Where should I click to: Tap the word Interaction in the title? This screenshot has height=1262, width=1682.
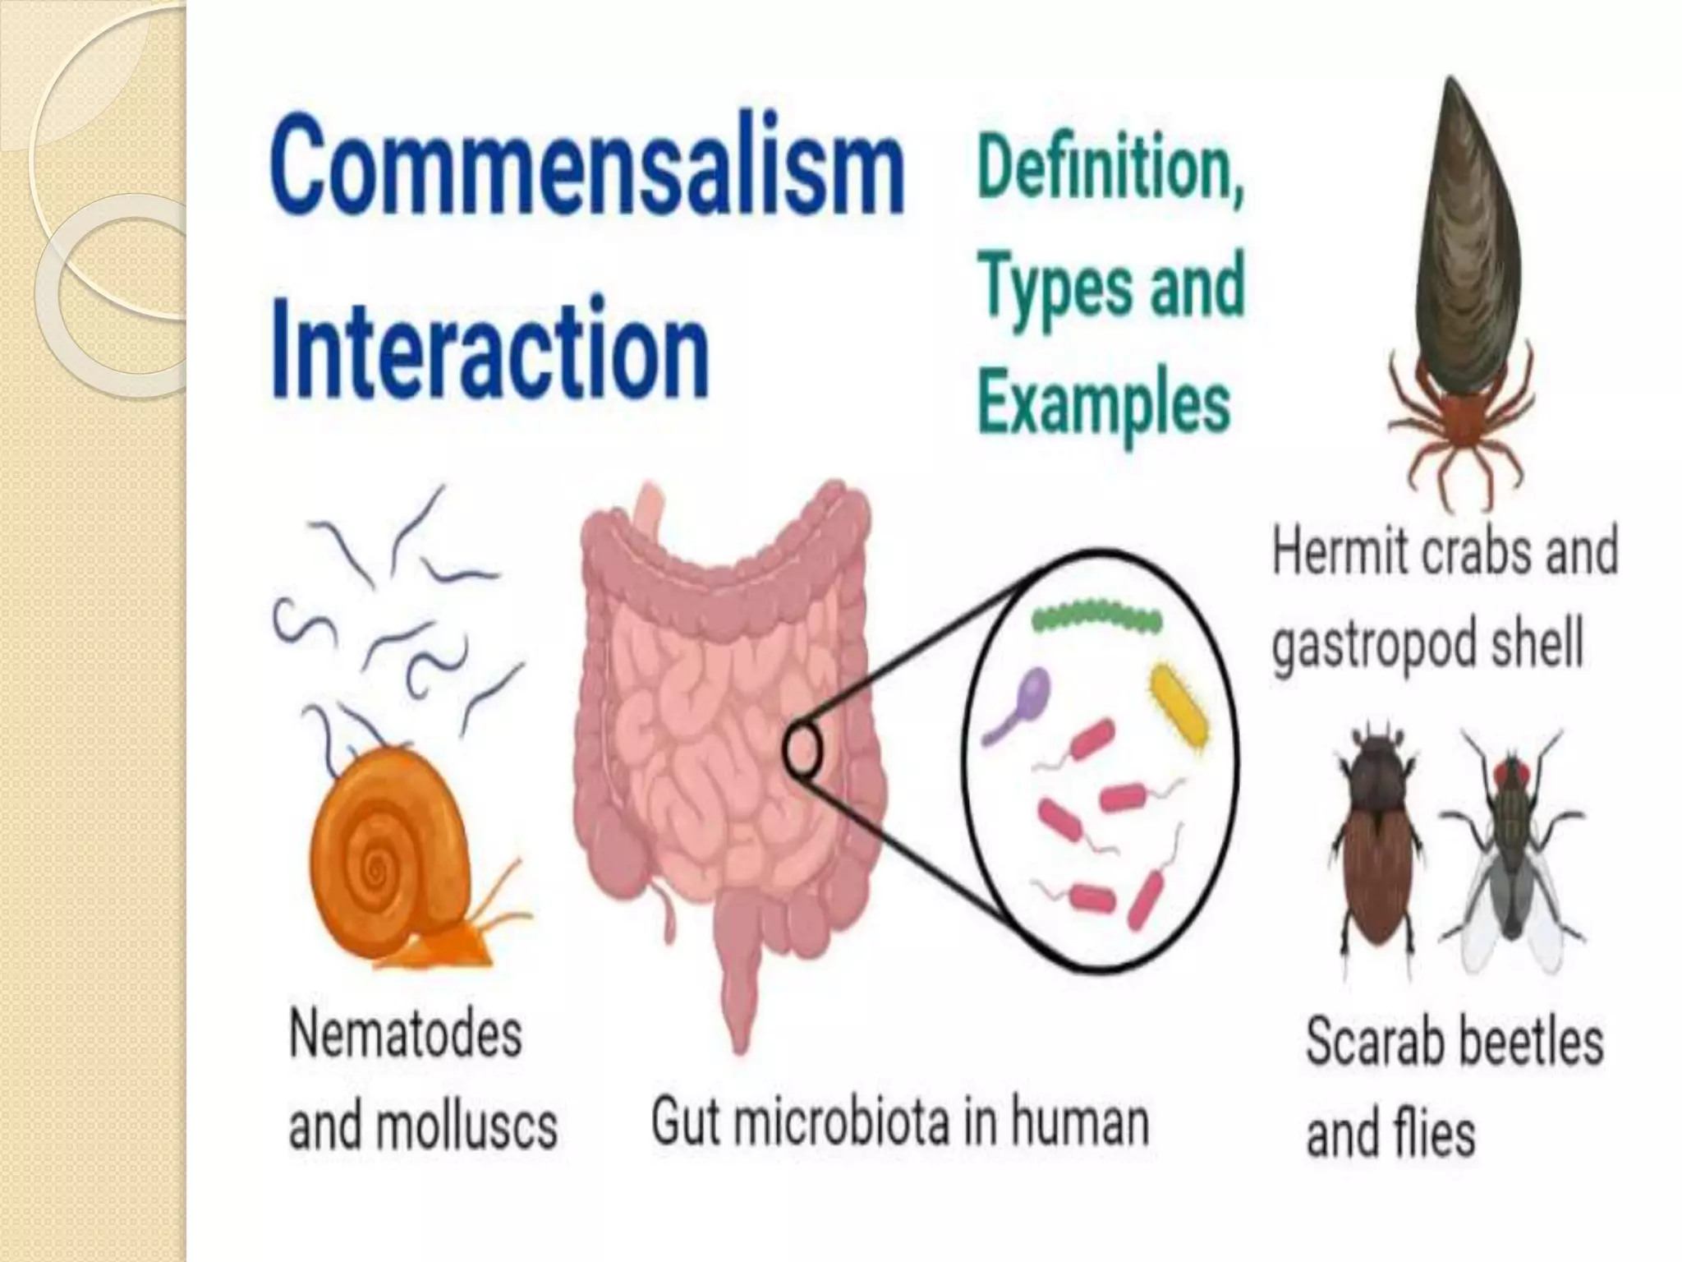point(489,348)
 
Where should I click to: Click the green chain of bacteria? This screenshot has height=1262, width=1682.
point(1097,618)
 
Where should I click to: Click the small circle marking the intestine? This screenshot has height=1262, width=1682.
point(802,750)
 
